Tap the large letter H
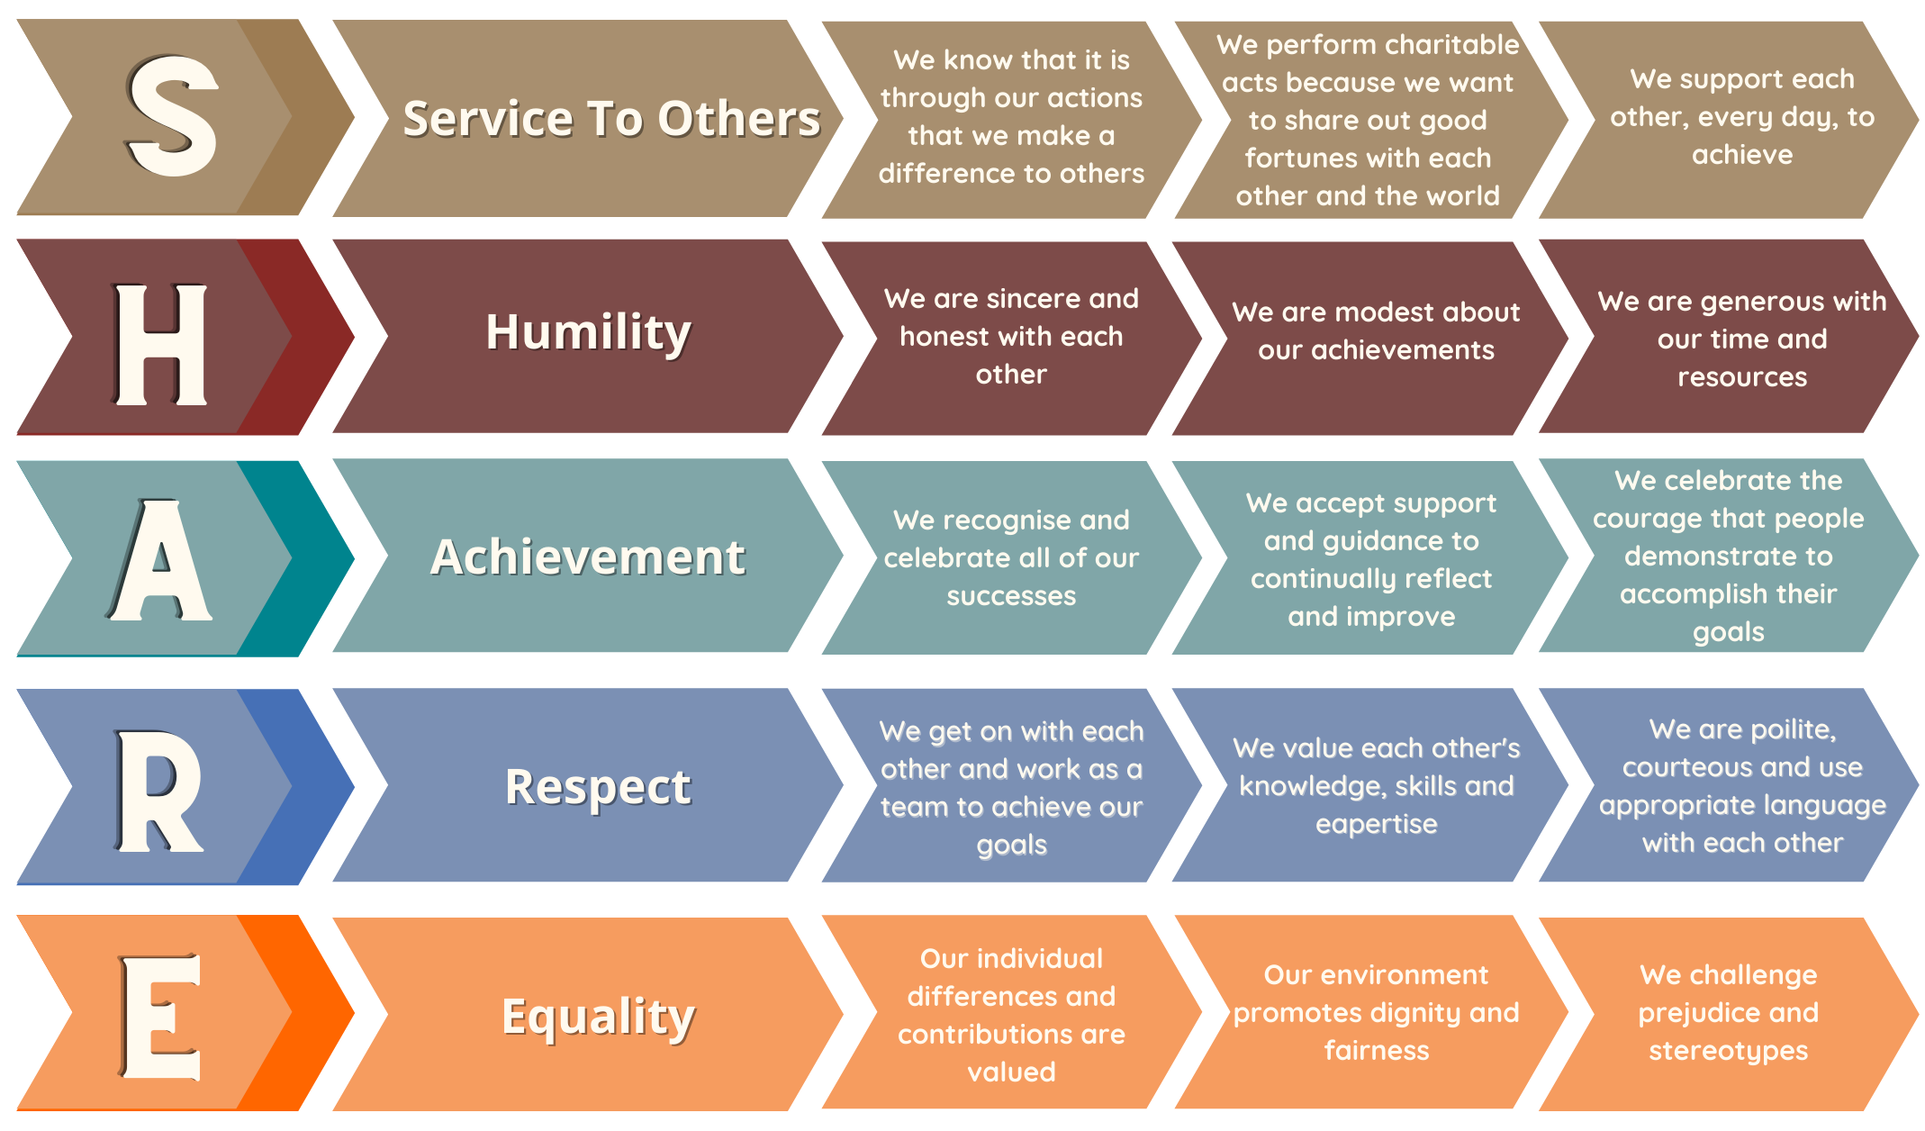161,344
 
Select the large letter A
159,559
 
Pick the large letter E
159,1017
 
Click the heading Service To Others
611,119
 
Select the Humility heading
589,332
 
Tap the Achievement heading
588,556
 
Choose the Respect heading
598,788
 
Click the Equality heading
599,1018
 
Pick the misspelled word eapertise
1377,825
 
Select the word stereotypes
1729,1051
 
